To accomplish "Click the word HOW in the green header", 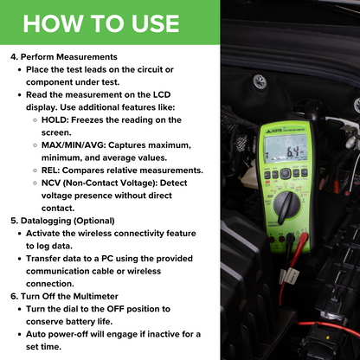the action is click(x=53, y=23).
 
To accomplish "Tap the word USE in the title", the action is click(x=156, y=23).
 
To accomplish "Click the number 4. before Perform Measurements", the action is click(x=14, y=57).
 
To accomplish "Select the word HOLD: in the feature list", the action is click(x=55, y=119).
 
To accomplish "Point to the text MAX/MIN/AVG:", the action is click(x=74, y=145).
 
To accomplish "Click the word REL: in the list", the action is click(x=50, y=170).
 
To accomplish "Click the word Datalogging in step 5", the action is click(x=46, y=221).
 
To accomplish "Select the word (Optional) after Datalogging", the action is click(x=94, y=221).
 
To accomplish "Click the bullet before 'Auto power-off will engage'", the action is click(x=20, y=334).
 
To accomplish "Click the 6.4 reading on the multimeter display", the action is click(x=292, y=152).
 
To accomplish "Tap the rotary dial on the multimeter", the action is click(x=287, y=205).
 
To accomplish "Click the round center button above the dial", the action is click(x=285, y=174).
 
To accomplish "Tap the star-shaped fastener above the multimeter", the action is click(x=260, y=81).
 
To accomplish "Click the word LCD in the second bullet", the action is click(x=162, y=94).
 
